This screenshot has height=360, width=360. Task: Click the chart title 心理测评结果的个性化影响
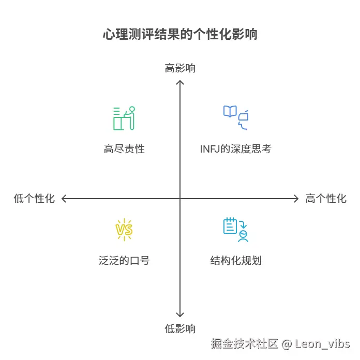(180, 35)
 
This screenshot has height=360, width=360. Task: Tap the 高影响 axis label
(180, 68)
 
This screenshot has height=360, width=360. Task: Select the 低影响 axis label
(180, 328)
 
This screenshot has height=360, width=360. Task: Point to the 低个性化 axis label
(34, 199)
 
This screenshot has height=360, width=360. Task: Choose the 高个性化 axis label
(326, 199)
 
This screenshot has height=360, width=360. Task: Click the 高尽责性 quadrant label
(124, 149)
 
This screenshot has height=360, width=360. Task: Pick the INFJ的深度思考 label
(236, 149)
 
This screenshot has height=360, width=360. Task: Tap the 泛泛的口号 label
(124, 260)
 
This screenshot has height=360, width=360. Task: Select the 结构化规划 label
(236, 260)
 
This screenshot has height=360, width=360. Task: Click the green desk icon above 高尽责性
(124, 118)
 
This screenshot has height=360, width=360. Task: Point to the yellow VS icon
(124, 229)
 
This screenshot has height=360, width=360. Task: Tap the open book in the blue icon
(230, 111)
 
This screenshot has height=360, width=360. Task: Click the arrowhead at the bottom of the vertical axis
(180, 315)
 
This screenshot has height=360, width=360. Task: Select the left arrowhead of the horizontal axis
(64, 198)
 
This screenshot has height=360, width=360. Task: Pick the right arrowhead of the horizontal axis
(296, 198)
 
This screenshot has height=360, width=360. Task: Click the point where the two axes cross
(180, 198)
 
